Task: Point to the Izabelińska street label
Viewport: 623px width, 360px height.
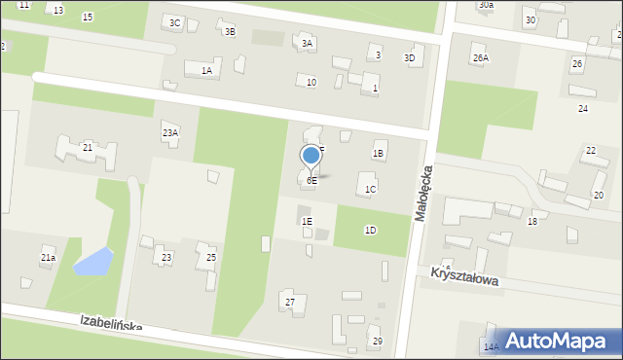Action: click(x=112, y=323)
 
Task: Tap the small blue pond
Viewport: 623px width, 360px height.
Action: click(x=92, y=261)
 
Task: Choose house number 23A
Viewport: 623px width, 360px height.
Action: click(x=170, y=132)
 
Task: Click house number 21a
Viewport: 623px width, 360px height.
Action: click(x=48, y=258)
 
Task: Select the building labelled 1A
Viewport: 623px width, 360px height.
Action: click(x=206, y=70)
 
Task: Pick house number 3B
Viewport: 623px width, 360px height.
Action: click(x=230, y=31)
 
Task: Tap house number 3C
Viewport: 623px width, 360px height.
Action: click(x=174, y=22)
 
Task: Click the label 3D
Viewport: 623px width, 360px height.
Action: click(x=410, y=57)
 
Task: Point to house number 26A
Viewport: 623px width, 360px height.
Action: click(x=481, y=57)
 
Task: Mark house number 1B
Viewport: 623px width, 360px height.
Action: click(x=379, y=153)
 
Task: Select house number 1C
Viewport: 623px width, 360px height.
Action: click(x=370, y=189)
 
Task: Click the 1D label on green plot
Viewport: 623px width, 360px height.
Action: click(x=370, y=230)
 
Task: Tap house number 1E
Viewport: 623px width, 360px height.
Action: click(x=307, y=222)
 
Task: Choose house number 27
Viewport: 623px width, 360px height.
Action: click(x=289, y=303)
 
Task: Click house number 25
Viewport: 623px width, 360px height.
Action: click(x=211, y=257)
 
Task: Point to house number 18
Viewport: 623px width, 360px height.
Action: click(x=532, y=222)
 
